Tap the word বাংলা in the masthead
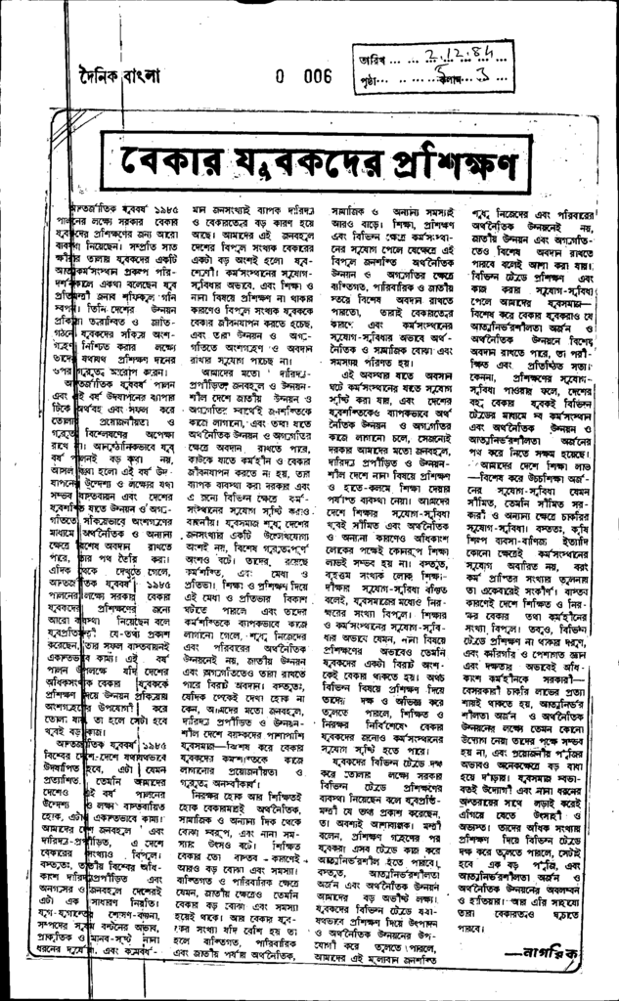click(140, 73)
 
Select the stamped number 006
click(311, 74)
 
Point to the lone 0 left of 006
click(281, 74)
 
